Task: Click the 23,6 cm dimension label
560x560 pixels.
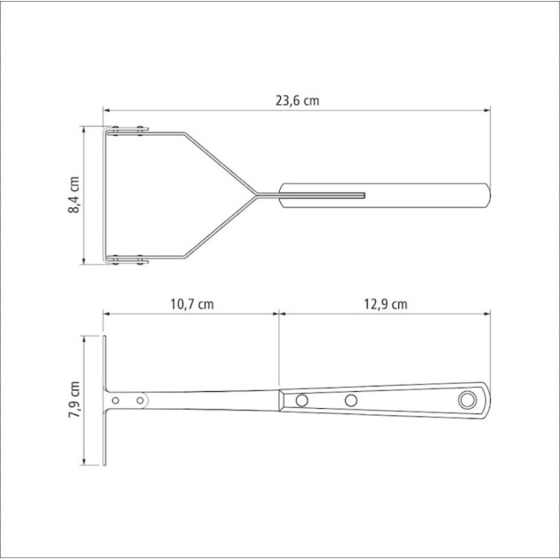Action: (297, 100)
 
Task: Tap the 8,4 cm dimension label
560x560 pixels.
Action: (74, 195)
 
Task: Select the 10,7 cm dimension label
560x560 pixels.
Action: (192, 304)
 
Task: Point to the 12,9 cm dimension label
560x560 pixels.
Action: (386, 304)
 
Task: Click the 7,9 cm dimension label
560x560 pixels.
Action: (75, 399)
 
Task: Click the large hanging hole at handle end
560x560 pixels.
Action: (468, 400)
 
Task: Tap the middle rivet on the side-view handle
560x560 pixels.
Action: (351, 400)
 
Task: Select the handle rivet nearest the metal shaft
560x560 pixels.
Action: (302, 400)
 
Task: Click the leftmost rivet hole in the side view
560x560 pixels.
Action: (116, 400)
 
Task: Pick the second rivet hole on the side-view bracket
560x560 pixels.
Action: (140, 400)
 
